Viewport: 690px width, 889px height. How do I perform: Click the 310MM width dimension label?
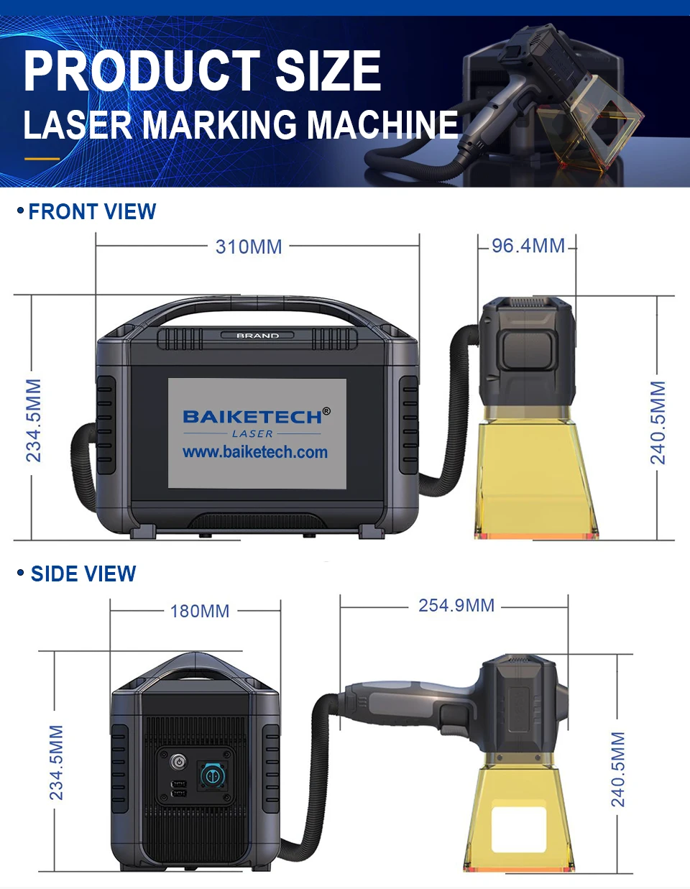click(x=249, y=247)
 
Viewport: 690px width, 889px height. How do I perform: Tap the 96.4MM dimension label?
click(x=528, y=246)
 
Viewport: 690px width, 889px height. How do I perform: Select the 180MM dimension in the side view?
click(x=200, y=611)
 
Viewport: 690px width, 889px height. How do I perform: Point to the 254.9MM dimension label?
click(x=456, y=605)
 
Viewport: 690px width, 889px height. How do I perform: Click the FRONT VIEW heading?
click(x=92, y=211)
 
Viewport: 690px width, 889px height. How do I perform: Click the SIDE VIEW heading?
click(x=83, y=574)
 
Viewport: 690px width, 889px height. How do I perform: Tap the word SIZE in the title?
click(x=328, y=71)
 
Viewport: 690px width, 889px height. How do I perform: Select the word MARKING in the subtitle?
click(x=219, y=124)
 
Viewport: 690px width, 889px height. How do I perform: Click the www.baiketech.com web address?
click(x=255, y=452)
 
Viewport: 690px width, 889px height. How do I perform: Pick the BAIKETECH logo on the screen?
click(x=253, y=417)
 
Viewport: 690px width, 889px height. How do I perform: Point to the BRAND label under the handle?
click(x=257, y=336)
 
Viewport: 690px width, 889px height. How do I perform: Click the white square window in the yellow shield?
click(x=518, y=828)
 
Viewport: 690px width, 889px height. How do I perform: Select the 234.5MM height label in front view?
click(x=34, y=420)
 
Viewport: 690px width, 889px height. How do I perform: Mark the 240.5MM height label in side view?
click(x=618, y=769)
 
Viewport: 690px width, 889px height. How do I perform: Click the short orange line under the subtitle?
click(x=42, y=158)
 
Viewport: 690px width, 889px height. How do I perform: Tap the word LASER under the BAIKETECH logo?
click(x=252, y=434)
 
